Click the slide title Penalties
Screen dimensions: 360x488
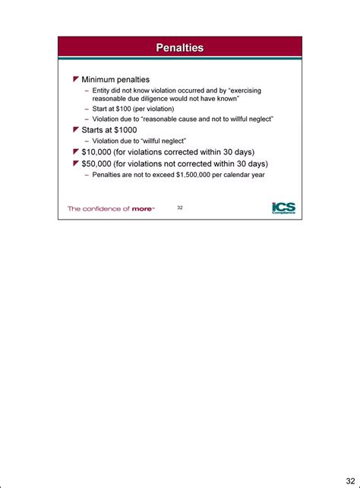coord(179,48)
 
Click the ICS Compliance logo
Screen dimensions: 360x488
coord(283,208)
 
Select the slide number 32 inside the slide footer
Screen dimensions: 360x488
coord(180,207)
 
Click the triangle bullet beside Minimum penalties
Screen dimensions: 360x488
coord(76,80)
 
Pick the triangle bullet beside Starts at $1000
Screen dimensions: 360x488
coord(76,130)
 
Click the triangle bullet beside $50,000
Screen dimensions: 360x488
coord(76,163)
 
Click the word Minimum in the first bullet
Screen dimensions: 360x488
coord(100,80)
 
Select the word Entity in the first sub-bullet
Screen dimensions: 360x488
coord(103,90)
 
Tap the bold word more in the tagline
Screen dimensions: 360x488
coord(141,208)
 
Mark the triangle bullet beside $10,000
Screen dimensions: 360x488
coord(76,152)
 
